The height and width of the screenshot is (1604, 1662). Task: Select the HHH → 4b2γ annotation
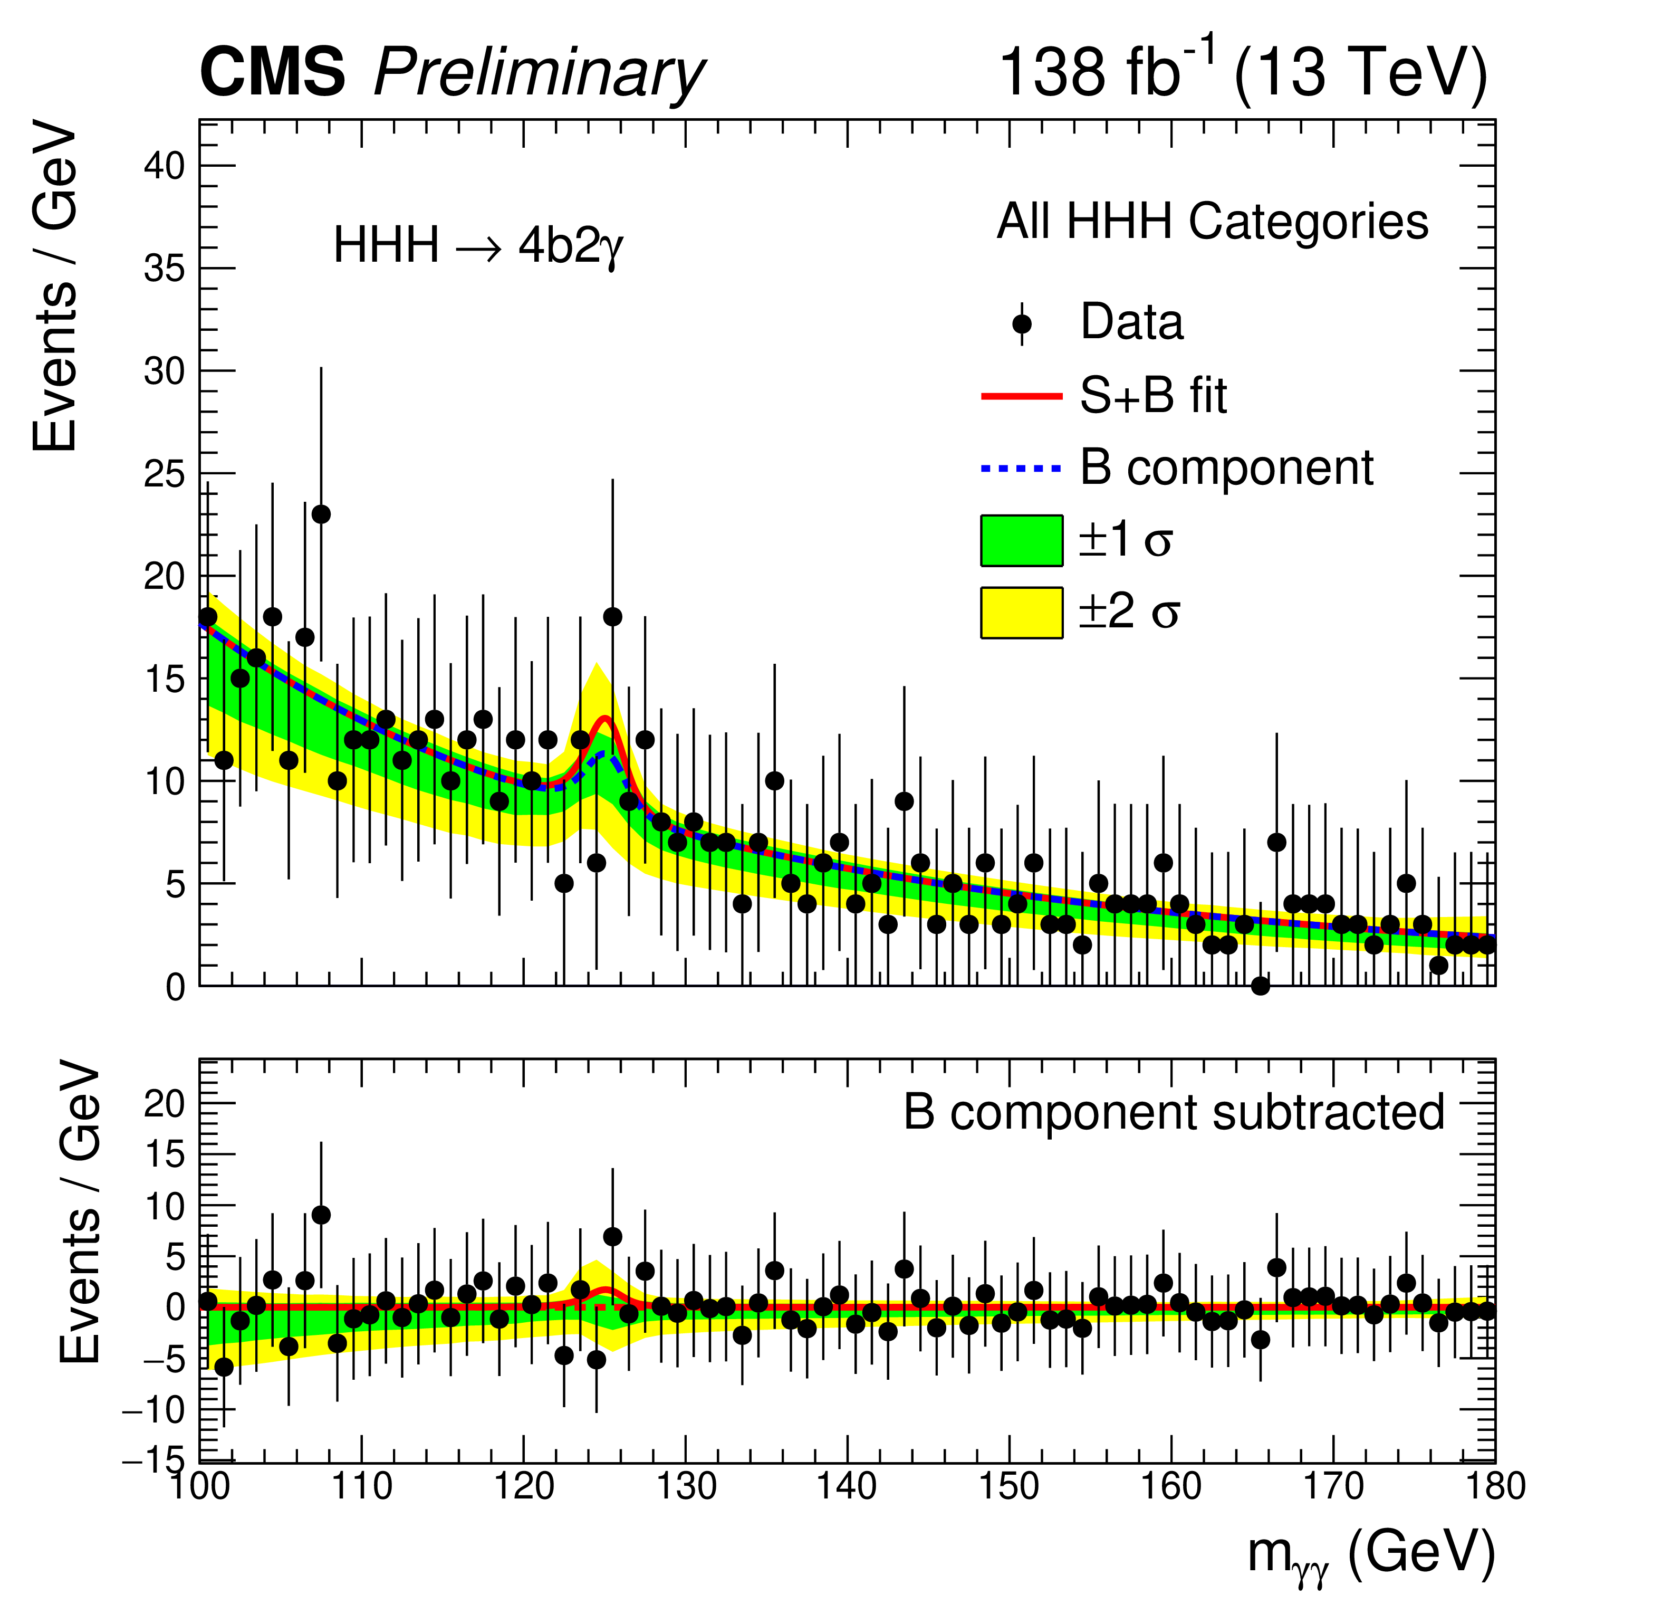(x=478, y=247)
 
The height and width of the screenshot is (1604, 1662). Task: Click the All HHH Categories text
(x=1213, y=222)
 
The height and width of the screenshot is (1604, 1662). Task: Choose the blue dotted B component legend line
(x=1021, y=468)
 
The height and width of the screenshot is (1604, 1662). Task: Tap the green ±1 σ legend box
(x=1021, y=540)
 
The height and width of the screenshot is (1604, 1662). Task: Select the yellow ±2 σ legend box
(x=1021, y=613)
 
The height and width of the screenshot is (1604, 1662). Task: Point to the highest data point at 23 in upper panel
(x=321, y=514)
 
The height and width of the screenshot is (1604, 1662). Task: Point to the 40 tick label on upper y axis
(x=164, y=166)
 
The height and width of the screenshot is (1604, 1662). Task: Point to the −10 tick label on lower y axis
(x=152, y=1410)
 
